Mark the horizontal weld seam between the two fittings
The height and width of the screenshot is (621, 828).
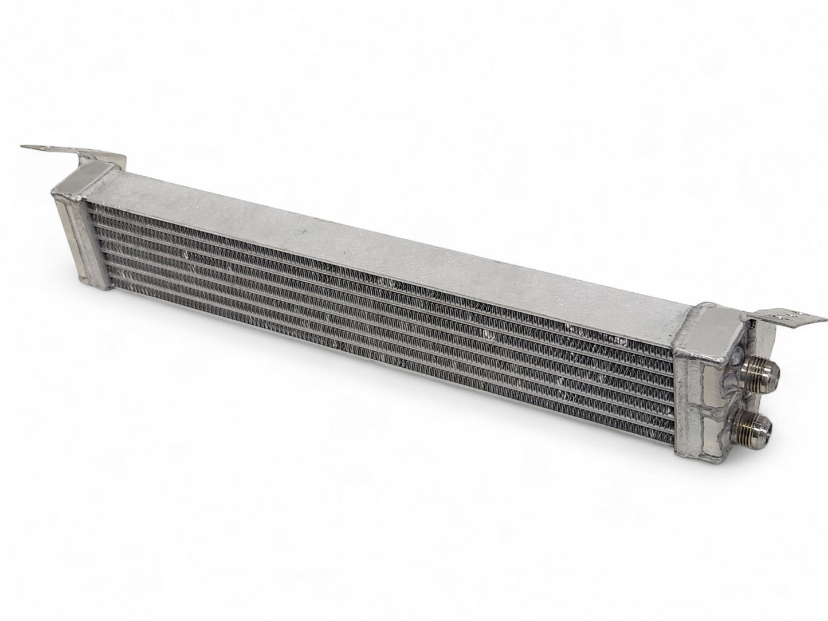click(x=711, y=404)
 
